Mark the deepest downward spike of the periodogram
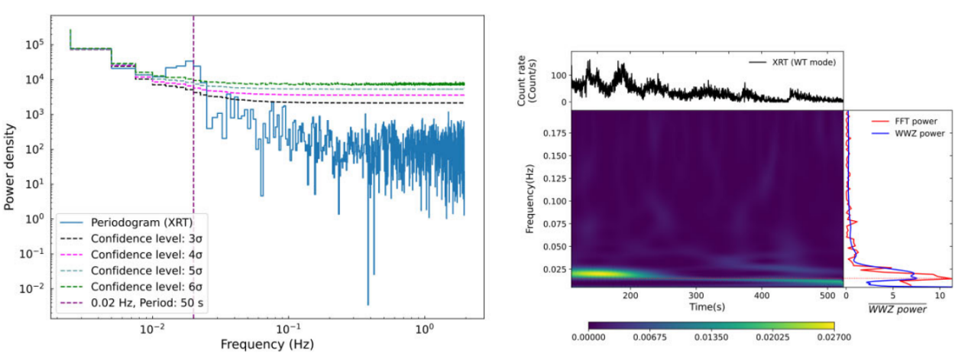pos(367,303)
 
